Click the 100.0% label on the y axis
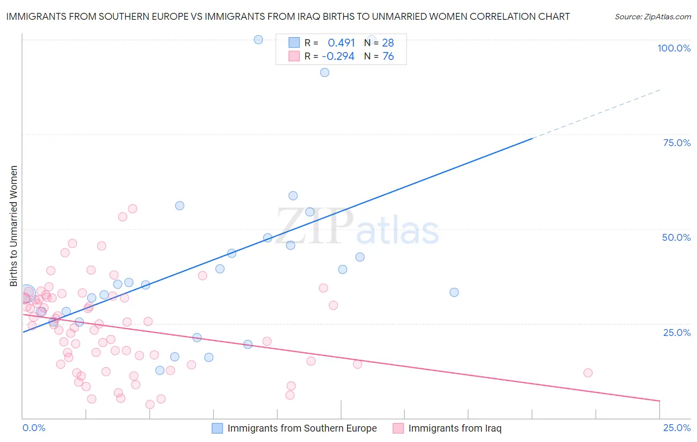674,48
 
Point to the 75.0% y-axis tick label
677,143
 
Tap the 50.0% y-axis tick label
676,237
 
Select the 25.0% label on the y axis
677,332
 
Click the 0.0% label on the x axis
34,428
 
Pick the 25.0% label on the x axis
677,428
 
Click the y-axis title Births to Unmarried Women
14,226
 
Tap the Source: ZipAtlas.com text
652,17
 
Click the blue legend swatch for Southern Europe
217,428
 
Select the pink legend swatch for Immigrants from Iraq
398,428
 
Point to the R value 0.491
341,43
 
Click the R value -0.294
338,56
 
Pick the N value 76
388,56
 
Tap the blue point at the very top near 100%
258,40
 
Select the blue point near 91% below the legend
325,72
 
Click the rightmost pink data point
588,373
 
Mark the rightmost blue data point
454,292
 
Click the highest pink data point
132,209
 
